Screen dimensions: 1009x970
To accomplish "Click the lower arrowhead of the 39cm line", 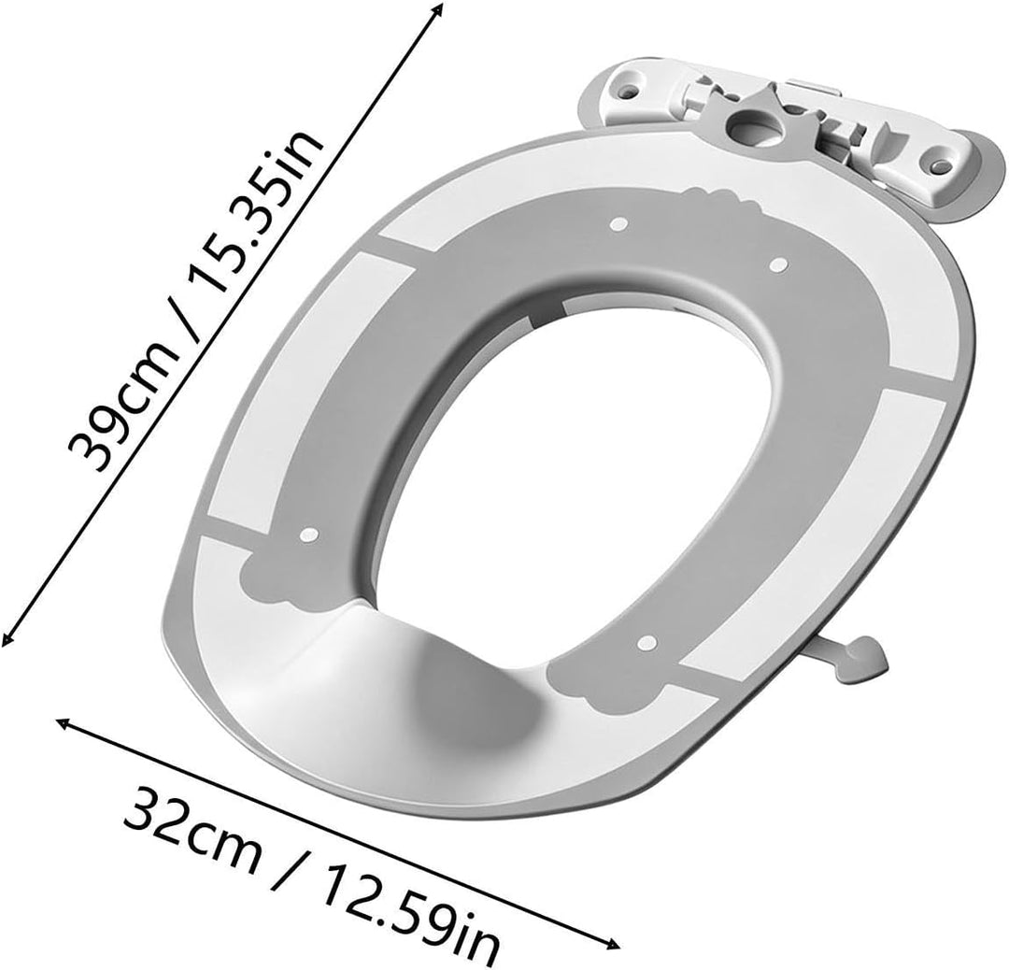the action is click(x=7, y=637).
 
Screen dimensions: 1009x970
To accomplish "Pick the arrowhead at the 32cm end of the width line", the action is click(x=64, y=723).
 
